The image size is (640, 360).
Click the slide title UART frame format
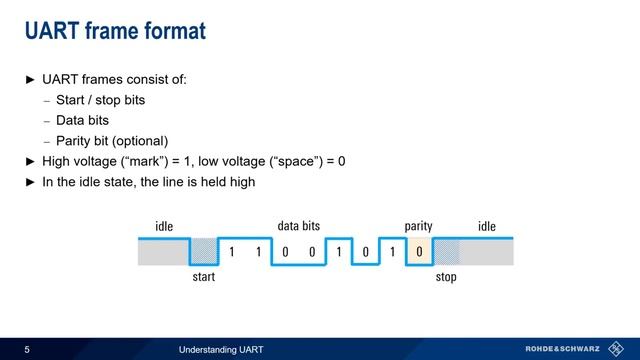click(114, 31)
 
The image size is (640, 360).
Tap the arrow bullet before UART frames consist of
click(29, 79)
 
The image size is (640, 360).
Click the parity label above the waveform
click(418, 227)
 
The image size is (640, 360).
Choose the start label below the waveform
click(203, 277)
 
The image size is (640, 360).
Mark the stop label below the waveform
click(446, 277)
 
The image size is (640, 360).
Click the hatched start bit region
click(203, 251)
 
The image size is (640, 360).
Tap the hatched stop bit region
click(446, 251)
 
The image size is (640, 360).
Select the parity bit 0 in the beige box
click(420, 251)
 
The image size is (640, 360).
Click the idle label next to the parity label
click(487, 227)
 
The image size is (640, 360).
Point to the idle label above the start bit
click(164, 227)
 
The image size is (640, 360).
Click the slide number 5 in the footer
click(27, 349)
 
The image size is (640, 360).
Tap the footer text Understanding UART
click(221, 349)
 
